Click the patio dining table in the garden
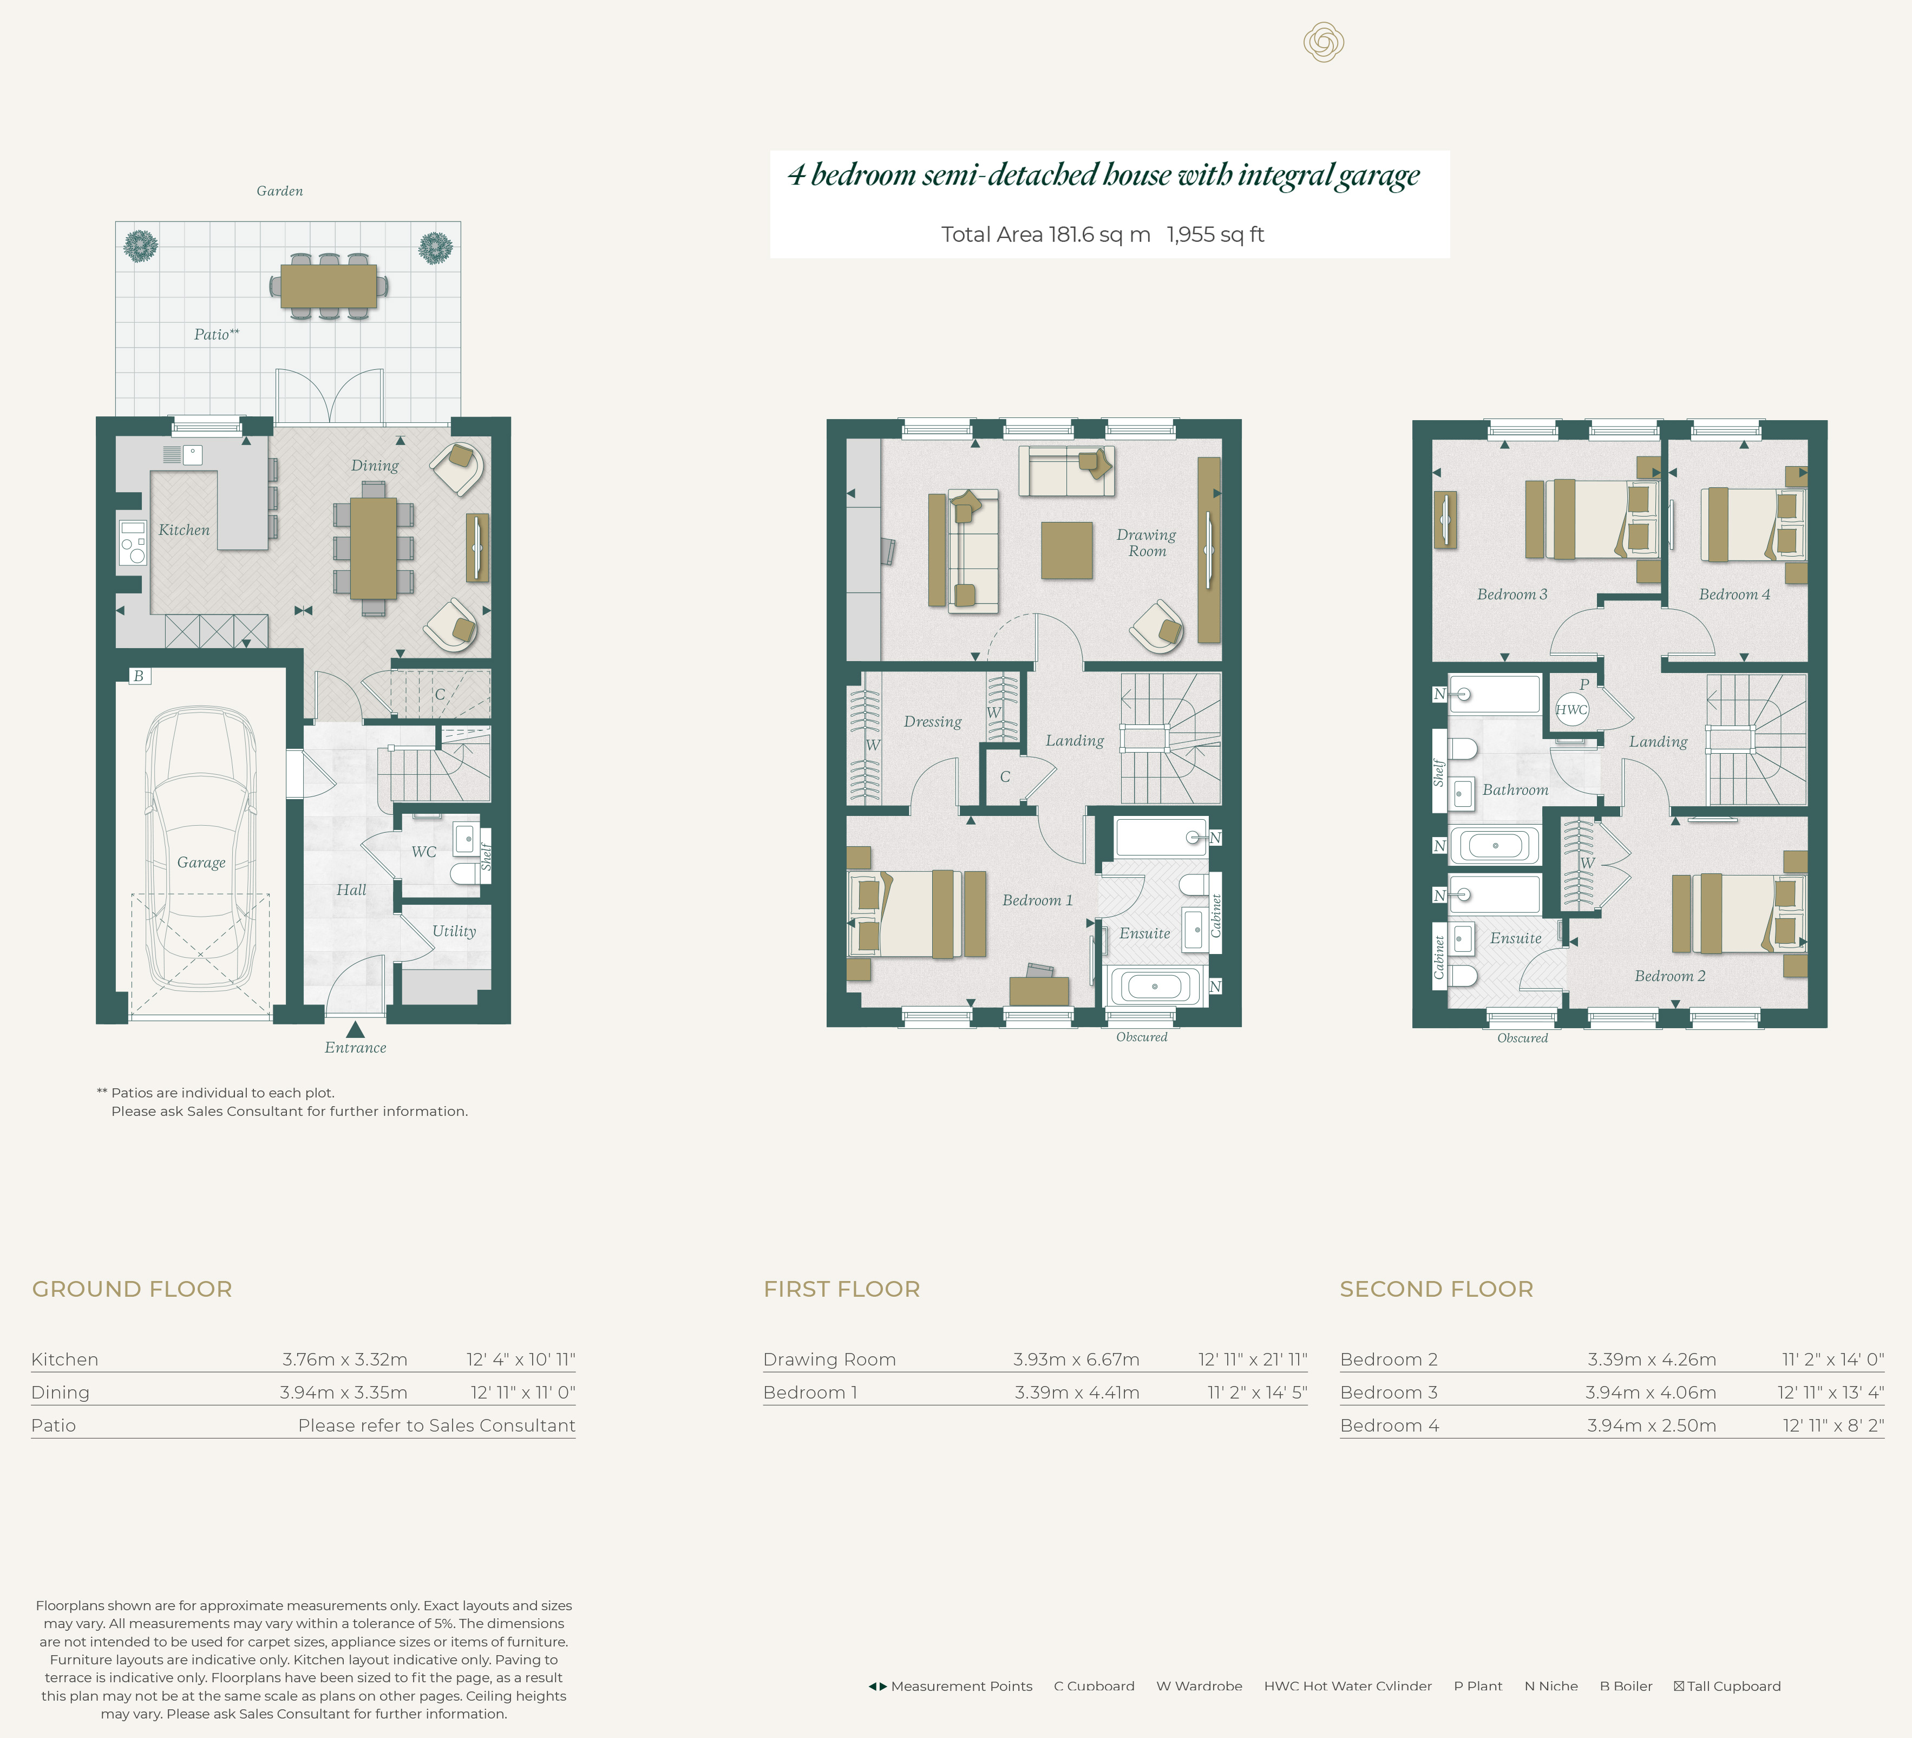(x=328, y=285)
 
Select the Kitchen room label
(x=184, y=530)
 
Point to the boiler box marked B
(x=140, y=676)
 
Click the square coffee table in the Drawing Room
(x=1067, y=550)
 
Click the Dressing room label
(x=932, y=722)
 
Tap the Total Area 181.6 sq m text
(x=1045, y=234)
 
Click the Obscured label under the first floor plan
(x=1141, y=1037)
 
